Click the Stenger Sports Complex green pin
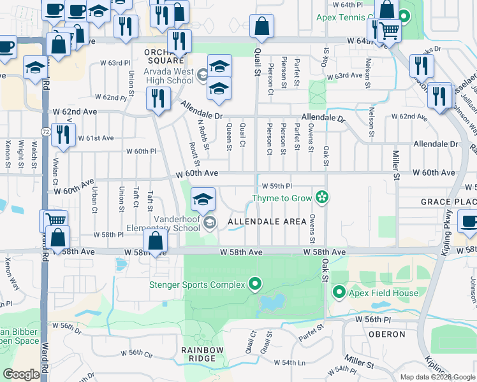[x=256, y=283]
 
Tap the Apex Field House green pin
[x=339, y=293]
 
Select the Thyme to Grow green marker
[x=323, y=197]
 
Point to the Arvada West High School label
[x=168, y=76]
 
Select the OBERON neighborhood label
[x=386, y=334]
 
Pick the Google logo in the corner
[x=22, y=374]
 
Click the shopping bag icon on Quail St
[x=261, y=27]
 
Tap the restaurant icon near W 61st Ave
[x=62, y=134]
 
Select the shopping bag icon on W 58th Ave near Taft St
[x=155, y=241]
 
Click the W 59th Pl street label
[x=277, y=186]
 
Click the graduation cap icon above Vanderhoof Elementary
[x=203, y=199]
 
